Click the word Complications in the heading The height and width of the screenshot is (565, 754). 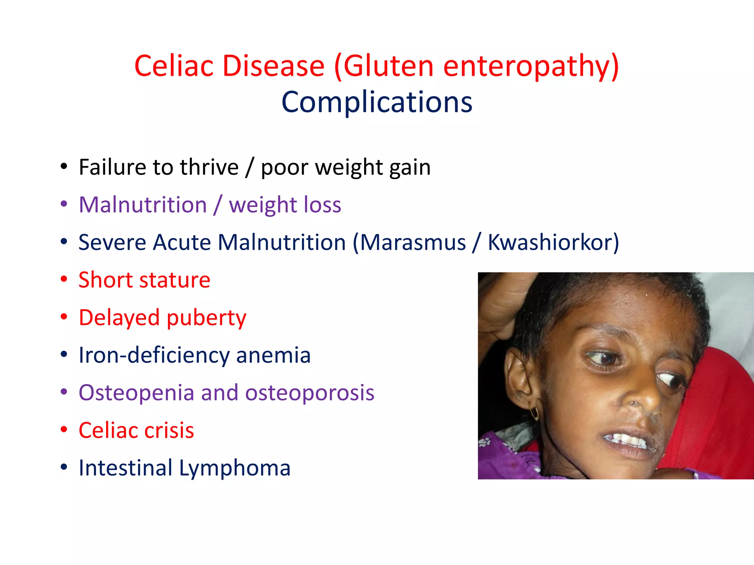(377, 102)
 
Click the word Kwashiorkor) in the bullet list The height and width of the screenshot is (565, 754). (553, 243)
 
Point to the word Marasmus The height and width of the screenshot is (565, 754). (413, 243)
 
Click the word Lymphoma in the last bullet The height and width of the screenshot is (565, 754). (235, 468)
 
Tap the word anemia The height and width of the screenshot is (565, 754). (274, 355)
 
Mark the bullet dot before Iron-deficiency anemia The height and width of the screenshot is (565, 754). (64, 355)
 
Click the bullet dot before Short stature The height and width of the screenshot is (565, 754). (64, 280)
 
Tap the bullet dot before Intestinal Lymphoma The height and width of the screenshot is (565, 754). (64, 468)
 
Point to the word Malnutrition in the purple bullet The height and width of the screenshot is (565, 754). (143, 205)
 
